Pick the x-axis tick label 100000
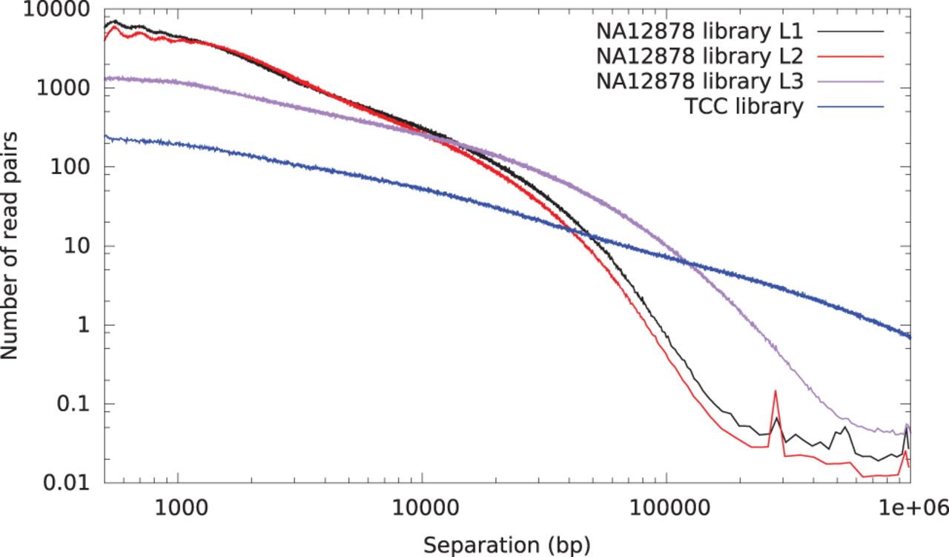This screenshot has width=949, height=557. point(665,507)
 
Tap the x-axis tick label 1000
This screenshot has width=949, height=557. point(178,507)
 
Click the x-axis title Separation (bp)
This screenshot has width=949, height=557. point(507,544)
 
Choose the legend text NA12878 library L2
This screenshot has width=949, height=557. point(705,56)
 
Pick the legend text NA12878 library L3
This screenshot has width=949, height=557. point(705,81)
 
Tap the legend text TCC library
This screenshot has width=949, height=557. point(744,107)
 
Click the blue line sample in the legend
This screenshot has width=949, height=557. point(853,107)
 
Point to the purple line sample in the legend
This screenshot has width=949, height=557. point(853,81)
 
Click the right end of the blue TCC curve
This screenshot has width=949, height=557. point(909,337)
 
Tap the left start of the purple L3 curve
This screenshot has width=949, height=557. point(106,79)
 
